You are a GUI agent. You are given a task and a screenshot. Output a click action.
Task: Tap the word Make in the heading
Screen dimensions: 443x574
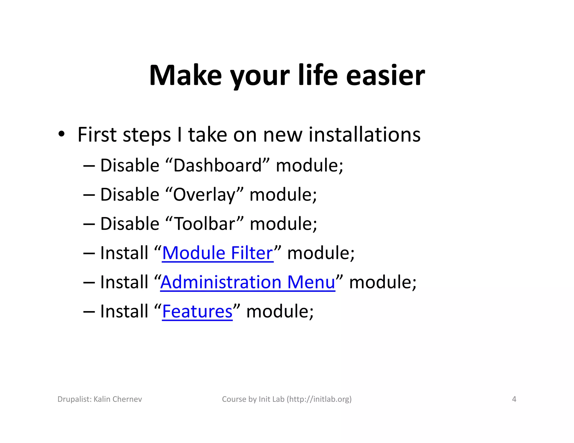click(x=185, y=76)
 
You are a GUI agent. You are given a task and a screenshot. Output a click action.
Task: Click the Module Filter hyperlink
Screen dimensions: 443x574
click(x=217, y=253)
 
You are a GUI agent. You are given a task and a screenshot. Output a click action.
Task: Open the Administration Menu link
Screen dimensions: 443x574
click(x=248, y=282)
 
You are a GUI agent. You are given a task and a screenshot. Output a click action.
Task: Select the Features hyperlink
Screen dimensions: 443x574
click(x=197, y=311)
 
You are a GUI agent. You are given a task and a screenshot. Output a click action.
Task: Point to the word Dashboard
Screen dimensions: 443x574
click(x=217, y=165)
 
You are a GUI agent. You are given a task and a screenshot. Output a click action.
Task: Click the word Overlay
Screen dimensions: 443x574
click(x=204, y=195)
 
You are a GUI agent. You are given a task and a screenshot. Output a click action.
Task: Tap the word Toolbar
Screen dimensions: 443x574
click(x=205, y=224)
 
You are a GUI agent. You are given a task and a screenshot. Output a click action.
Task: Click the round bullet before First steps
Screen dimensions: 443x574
click(x=61, y=135)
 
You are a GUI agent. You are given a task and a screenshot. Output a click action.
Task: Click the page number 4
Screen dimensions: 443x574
click(x=514, y=399)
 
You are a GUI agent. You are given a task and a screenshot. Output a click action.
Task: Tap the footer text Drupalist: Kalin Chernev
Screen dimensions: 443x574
click(x=100, y=399)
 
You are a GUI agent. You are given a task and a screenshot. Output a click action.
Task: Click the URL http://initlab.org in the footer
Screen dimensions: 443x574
click(x=319, y=399)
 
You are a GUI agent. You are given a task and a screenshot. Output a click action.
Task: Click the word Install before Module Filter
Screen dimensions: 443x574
click(x=124, y=253)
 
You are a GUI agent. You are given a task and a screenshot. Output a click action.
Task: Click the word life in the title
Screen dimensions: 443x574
click(x=318, y=76)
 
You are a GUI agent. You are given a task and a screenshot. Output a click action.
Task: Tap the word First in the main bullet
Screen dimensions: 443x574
click(x=97, y=135)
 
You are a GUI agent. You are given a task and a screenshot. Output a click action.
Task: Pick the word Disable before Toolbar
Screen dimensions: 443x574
click(x=130, y=224)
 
